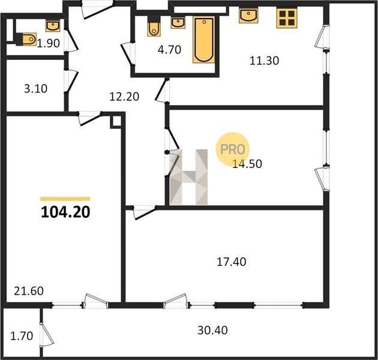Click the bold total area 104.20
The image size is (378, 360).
(x=65, y=212)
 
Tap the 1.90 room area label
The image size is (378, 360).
(x=48, y=43)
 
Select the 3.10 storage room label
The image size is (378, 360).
(x=35, y=89)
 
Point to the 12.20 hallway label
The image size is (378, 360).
(x=124, y=97)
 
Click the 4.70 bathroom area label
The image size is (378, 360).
(x=169, y=50)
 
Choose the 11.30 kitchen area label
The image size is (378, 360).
(x=264, y=61)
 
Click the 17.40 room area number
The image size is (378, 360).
(x=232, y=262)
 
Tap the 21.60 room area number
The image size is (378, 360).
(x=29, y=291)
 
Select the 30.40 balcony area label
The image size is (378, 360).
(x=212, y=331)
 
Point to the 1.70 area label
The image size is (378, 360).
(x=22, y=336)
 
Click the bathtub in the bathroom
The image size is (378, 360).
(x=204, y=40)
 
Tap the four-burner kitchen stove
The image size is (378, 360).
(x=287, y=18)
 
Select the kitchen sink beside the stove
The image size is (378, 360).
(x=248, y=15)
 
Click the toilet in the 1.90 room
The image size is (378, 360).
(x=26, y=39)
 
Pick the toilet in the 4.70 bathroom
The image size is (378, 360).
(x=154, y=26)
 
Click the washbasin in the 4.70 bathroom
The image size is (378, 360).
(x=178, y=23)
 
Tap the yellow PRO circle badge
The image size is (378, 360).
(x=232, y=149)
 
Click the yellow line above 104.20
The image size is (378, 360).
(x=65, y=199)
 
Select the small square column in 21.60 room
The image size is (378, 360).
(x=116, y=122)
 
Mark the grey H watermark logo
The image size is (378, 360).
(x=189, y=177)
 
